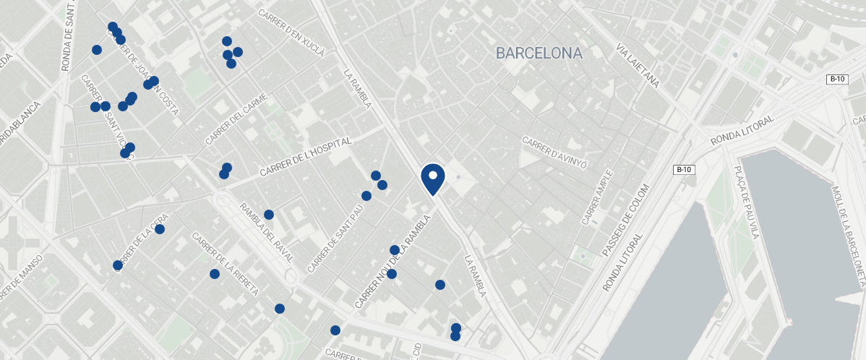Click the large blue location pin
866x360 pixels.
(432, 179)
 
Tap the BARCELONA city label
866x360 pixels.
(539, 53)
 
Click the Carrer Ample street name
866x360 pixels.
(599, 196)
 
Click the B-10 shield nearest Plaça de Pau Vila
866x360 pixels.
(684, 170)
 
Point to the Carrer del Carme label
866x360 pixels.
(236, 119)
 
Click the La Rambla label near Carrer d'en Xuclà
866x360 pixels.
(357, 89)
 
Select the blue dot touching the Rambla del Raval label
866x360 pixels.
(269, 215)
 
